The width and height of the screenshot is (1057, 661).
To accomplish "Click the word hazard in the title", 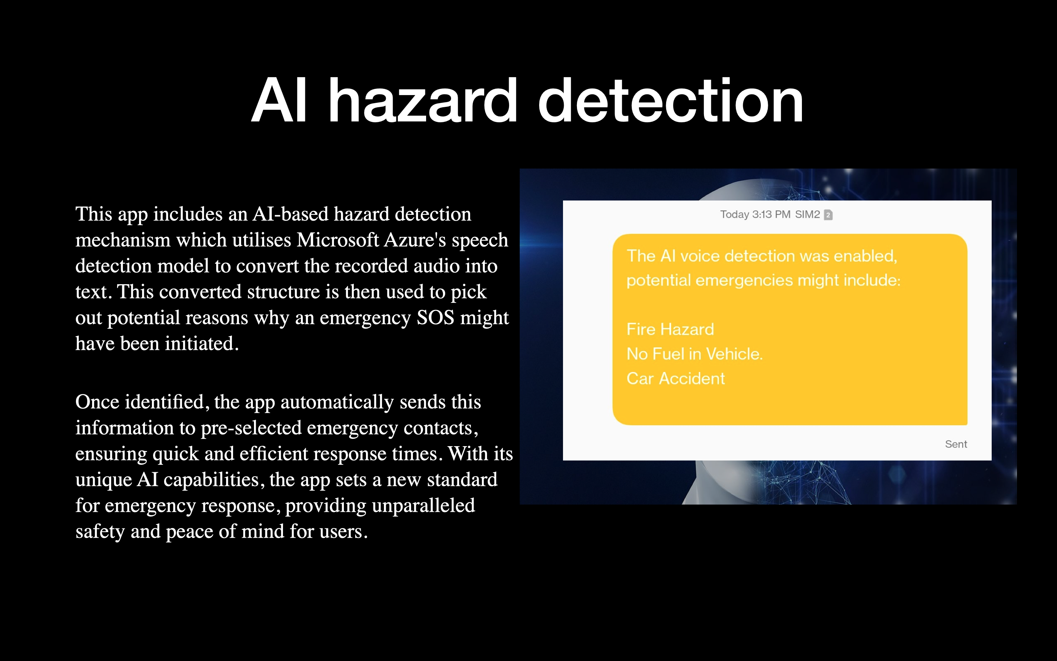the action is [x=423, y=100].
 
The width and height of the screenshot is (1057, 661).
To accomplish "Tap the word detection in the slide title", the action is [x=671, y=100].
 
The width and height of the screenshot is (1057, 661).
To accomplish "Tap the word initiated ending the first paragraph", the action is [x=202, y=343].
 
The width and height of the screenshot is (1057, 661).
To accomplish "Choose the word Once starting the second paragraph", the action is [x=97, y=401].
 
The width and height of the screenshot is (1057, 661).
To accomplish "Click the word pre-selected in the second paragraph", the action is [x=251, y=427].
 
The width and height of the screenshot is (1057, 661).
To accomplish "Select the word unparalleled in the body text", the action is [x=423, y=505].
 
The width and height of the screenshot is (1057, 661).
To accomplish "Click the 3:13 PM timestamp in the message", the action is [x=771, y=214].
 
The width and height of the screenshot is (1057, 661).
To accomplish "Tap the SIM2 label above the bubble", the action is [x=807, y=214].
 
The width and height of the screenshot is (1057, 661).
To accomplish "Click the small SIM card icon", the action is [x=828, y=215].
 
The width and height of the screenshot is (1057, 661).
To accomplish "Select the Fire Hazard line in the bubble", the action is [x=670, y=329].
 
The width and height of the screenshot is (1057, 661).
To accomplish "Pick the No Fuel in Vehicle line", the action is [x=694, y=354].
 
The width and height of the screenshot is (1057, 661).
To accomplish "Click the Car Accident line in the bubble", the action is [x=675, y=378].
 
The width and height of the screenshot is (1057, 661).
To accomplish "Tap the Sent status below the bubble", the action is [x=956, y=444].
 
